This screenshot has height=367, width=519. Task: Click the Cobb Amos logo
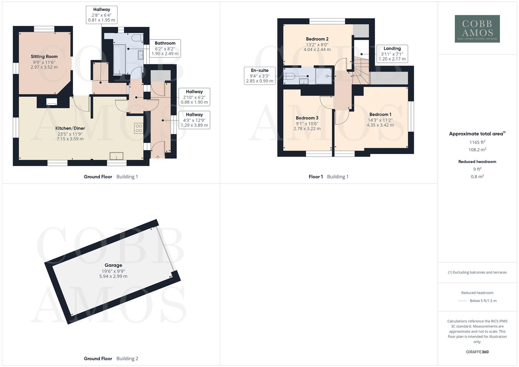(x=477, y=29)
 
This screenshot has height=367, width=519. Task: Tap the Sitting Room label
(x=44, y=56)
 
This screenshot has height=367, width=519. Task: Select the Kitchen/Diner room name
(x=70, y=128)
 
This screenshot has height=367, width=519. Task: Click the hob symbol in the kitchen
(x=139, y=128)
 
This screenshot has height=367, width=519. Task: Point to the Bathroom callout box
(x=165, y=48)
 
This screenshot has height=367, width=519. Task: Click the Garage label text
(x=113, y=265)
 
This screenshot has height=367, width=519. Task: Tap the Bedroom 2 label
(x=317, y=39)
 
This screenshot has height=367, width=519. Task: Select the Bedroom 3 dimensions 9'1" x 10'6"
(x=307, y=124)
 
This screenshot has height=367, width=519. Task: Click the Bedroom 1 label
(x=380, y=115)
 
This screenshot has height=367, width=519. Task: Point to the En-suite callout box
(x=259, y=75)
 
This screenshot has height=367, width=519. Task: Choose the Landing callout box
(x=392, y=54)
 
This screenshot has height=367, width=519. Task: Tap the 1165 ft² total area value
(x=477, y=142)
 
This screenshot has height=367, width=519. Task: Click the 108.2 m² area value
(x=477, y=150)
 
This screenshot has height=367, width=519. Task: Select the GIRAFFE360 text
(x=477, y=352)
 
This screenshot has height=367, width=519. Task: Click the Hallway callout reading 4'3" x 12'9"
(x=194, y=120)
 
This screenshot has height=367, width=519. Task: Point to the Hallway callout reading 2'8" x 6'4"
(x=102, y=15)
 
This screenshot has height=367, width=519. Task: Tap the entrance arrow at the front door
(x=158, y=157)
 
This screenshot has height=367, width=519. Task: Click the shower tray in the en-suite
(x=323, y=75)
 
